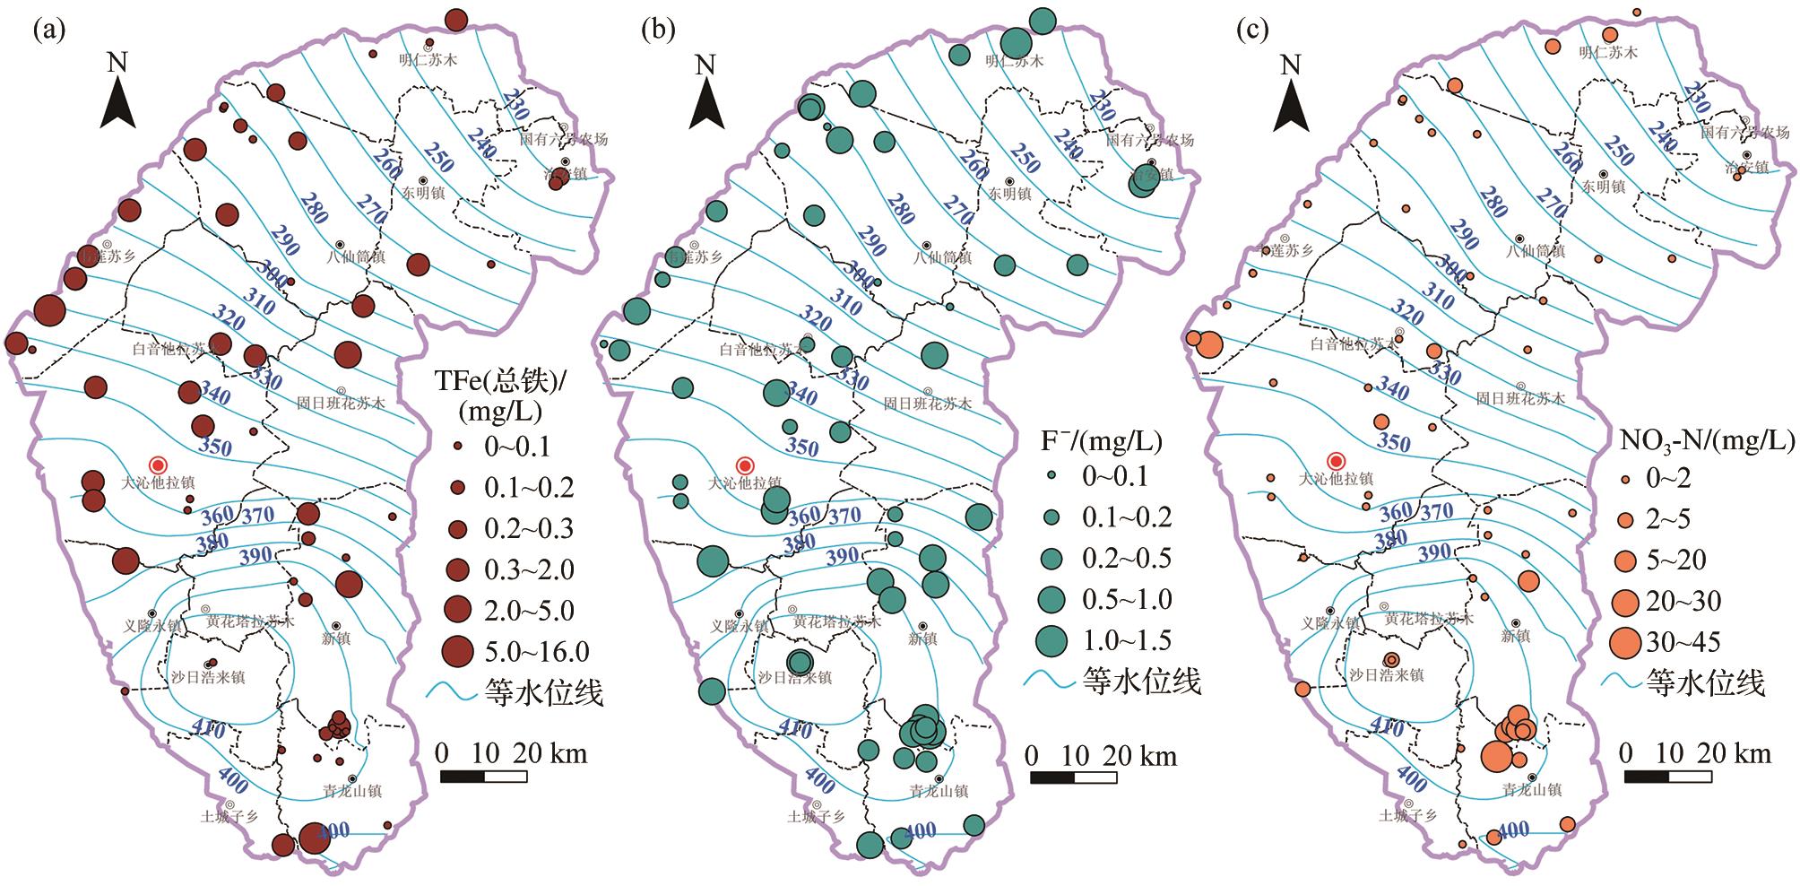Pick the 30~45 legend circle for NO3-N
(1623, 642)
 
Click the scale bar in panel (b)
(1073, 777)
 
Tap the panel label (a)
(50, 30)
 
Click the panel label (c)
(1252, 30)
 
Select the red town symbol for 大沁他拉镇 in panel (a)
(159, 465)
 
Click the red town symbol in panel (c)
(1337, 461)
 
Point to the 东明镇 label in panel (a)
(422, 193)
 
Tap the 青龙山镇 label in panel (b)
(939, 792)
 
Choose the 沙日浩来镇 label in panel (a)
(207, 677)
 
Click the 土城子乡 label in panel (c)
(1407, 816)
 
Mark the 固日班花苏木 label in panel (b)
(928, 404)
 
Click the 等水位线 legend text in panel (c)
(1705, 683)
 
